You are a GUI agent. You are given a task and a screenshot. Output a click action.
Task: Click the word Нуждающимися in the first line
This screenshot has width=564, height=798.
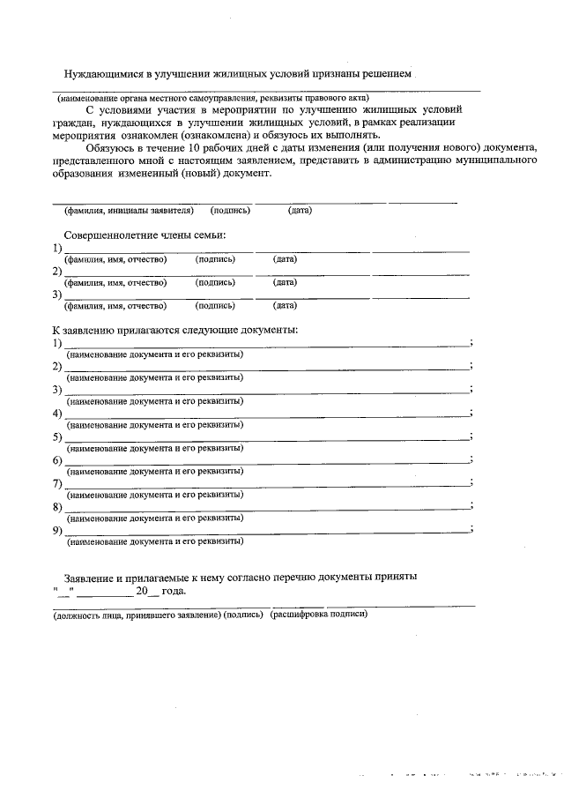(104, 75)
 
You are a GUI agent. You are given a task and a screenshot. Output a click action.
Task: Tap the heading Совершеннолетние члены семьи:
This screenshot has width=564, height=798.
(145, 235)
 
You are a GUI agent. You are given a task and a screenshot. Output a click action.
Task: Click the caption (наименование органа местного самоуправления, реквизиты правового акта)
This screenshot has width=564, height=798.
(208, 97)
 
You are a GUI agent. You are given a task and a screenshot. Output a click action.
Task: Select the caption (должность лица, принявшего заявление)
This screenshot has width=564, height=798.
(133, 614)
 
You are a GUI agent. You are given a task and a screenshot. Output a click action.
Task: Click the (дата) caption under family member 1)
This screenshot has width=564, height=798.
(285, 259)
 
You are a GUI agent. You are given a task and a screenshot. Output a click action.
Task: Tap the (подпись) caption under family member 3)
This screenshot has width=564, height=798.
(215, 306)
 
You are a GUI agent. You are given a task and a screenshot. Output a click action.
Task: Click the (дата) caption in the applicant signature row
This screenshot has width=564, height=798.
(300, 211)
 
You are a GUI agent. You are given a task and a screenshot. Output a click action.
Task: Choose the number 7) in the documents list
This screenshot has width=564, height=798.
(57, 483)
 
